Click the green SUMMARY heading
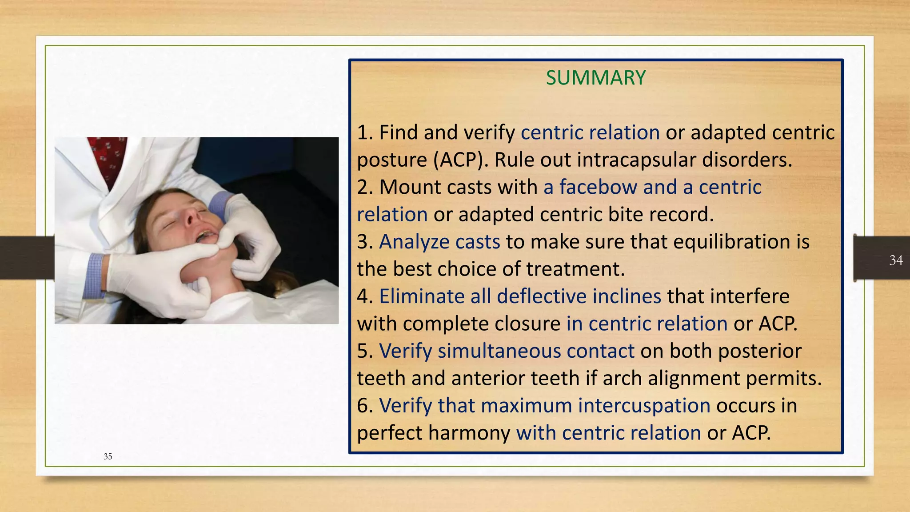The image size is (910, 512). coord(595,78)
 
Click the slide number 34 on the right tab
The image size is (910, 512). coord(896,260)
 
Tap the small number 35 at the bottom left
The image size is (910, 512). coord(108,456)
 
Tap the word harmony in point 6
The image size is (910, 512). coord(472,433)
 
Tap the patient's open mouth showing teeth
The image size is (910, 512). coord(206,236)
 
